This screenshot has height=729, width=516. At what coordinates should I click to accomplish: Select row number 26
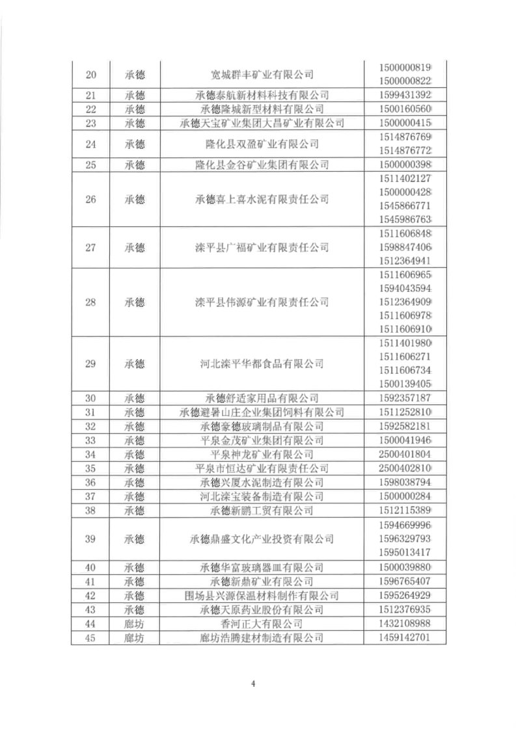coord(90,199)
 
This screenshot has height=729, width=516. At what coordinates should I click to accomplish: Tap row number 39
coord(90,538)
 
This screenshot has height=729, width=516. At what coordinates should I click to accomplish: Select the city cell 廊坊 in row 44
coord(134,624)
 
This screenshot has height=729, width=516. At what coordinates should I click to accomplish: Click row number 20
coord(90,73)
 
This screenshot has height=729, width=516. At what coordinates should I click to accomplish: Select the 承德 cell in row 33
coord(134,440)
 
